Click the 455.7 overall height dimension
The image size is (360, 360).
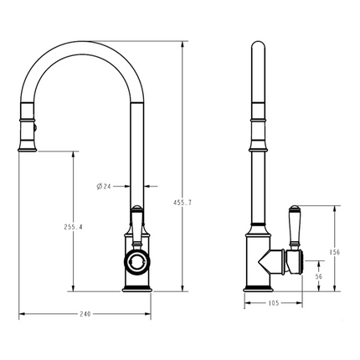177,204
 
